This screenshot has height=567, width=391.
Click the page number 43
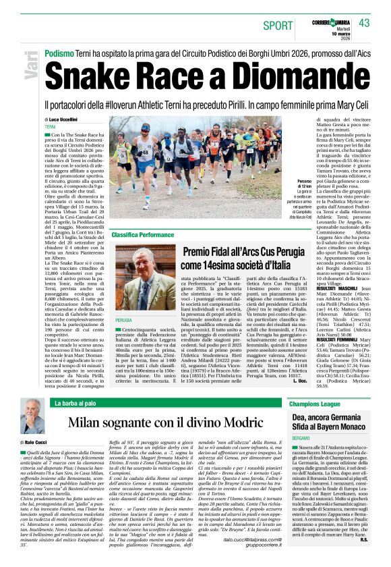coord(365,24)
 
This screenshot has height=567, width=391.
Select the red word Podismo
coord(59,51)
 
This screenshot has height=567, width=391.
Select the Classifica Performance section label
coord(142,234)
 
